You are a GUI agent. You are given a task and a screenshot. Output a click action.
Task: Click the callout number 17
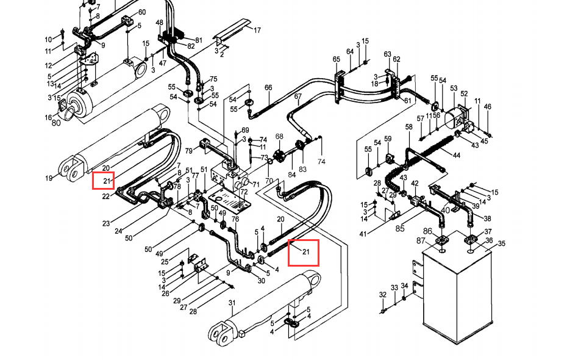[257, 30]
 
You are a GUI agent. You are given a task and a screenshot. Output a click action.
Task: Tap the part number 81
[199, 40]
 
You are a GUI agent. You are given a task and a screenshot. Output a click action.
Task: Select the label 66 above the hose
[268, 87]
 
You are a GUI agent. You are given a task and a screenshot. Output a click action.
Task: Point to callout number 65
[337, 59]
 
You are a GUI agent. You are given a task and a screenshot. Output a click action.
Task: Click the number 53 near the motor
[454, 88]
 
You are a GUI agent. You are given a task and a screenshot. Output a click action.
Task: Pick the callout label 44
[457, 155]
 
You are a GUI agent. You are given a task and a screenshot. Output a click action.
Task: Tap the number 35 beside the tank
[502, 243]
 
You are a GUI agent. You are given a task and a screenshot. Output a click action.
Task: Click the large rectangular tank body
[457, 289]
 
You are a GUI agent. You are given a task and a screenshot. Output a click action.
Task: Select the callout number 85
[399, 228]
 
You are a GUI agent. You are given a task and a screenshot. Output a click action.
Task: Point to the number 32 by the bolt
[383, 295]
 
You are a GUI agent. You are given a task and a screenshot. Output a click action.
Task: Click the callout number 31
[232, 303]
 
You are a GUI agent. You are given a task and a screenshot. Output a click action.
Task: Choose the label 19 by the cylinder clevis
[49, 178]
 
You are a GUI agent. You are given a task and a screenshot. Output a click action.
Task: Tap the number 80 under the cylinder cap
[56, 123]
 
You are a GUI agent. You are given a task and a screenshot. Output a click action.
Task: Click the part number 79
[189, 150]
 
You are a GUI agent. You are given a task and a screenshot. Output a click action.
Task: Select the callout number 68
[279, 137]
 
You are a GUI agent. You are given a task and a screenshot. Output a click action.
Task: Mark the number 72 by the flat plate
[244, 191]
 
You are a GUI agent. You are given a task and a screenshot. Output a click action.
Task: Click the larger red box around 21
[304, 253]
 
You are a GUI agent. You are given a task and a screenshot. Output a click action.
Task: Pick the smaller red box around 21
[104, 181]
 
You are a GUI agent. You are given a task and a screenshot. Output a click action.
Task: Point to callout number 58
[408, 127]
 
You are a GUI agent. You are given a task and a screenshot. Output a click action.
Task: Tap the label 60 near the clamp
[141, 12]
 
